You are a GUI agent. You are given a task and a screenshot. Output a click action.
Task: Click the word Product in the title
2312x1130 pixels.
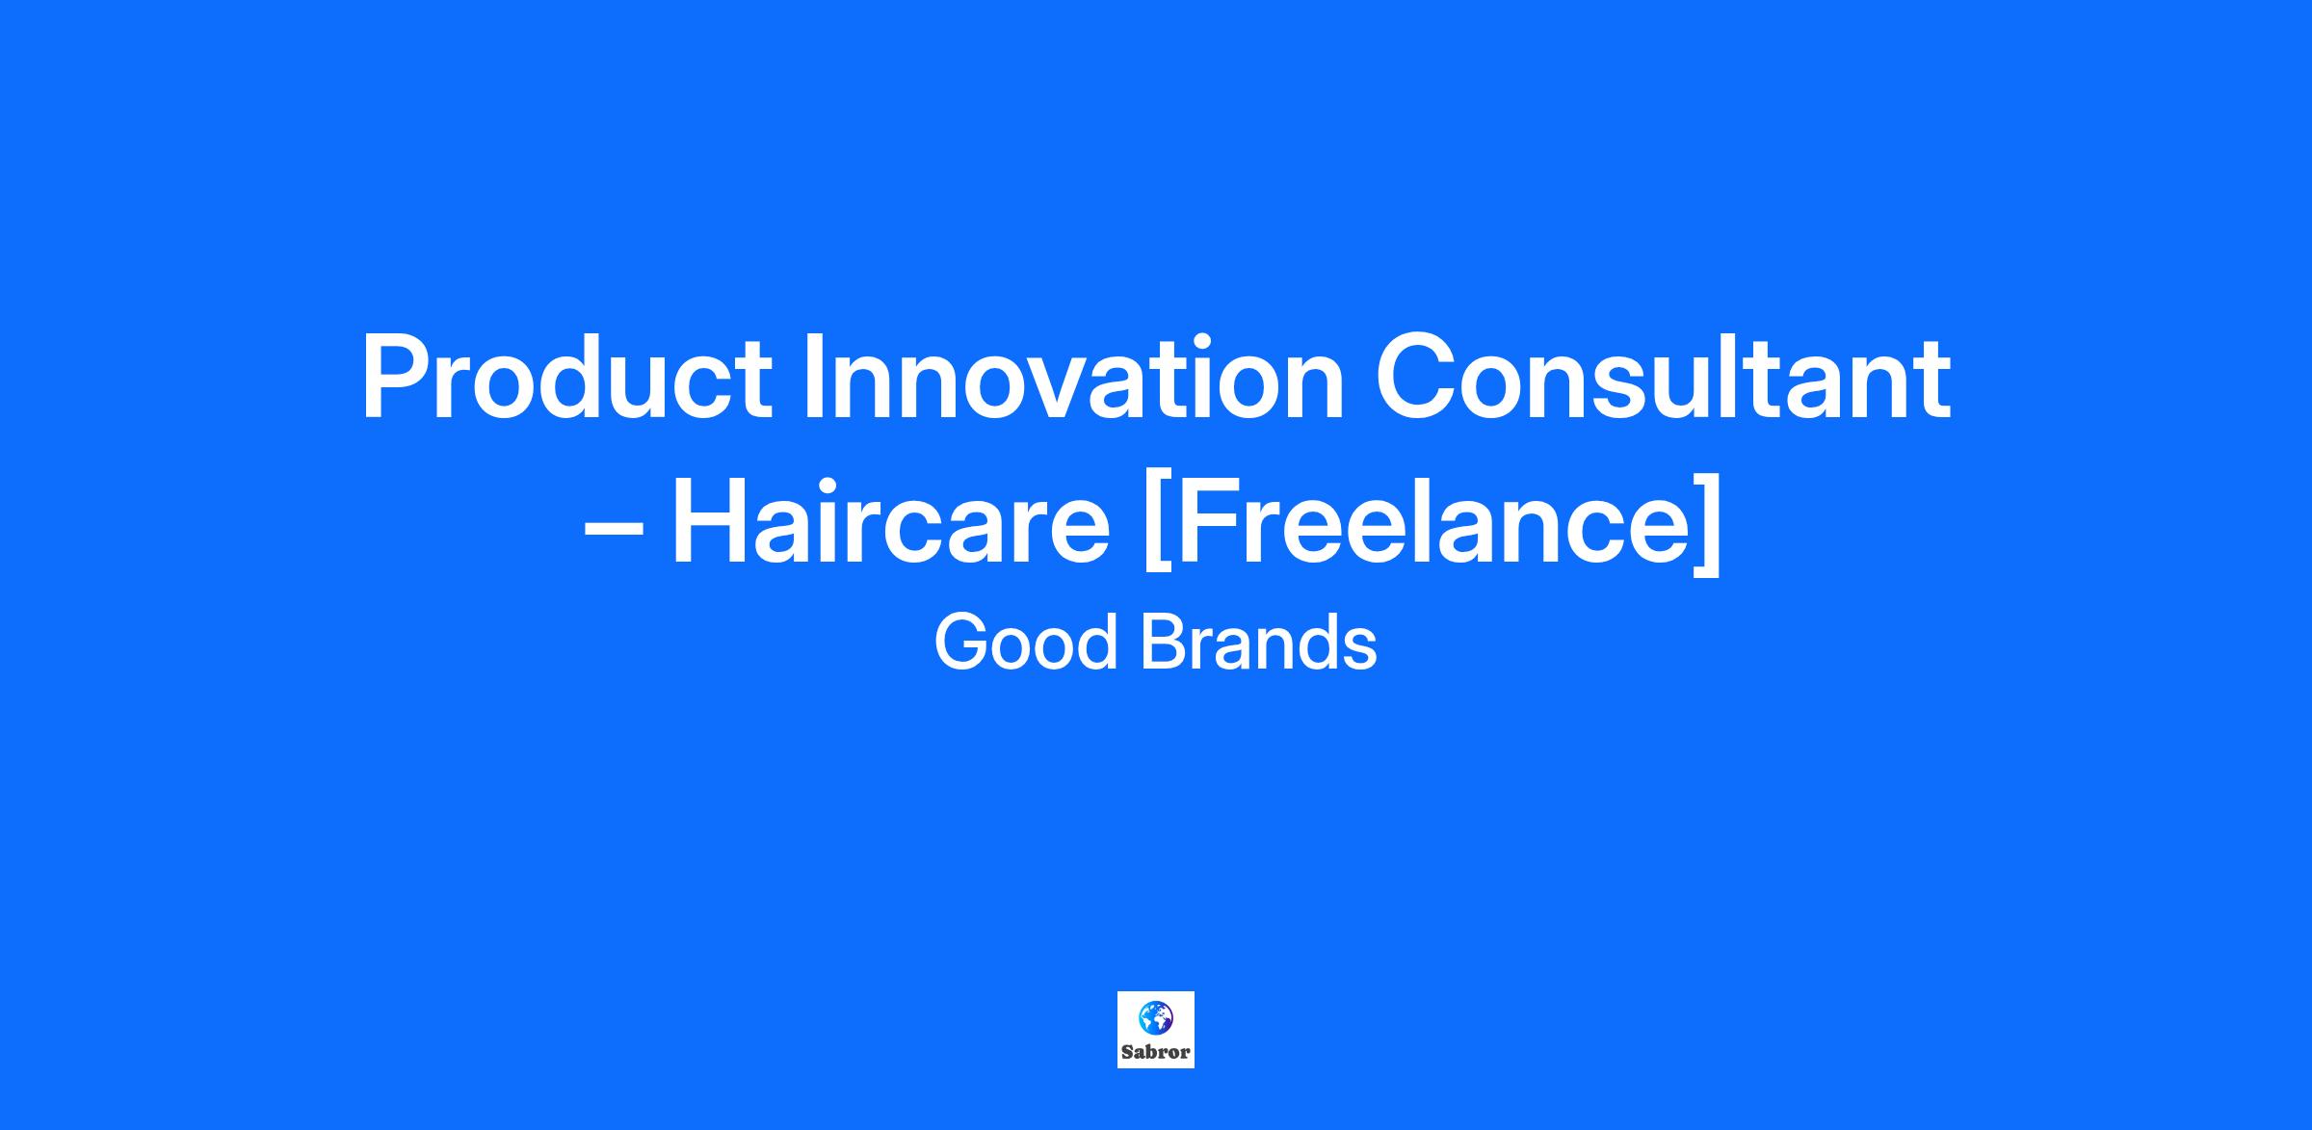[x=566, y=378]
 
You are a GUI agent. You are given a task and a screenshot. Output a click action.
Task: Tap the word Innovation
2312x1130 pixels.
[x=1073, y=378]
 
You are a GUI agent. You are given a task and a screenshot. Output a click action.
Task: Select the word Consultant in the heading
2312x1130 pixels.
[x=1663, y=378]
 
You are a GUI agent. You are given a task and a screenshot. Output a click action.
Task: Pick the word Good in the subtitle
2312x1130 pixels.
[x=1025, y=643]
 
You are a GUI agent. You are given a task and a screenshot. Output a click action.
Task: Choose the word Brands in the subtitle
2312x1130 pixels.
[x=1258, y=643]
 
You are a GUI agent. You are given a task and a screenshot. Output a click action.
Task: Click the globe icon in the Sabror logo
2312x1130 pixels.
[x=1156, y=1017]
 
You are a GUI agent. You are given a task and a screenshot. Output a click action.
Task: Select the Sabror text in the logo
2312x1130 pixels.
[x=1156, y=1052]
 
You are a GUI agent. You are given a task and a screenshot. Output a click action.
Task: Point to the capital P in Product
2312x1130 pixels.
[x=397, y=378]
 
